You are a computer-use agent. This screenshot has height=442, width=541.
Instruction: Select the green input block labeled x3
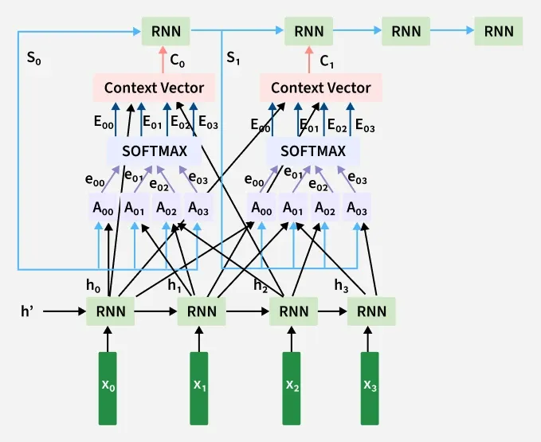click(371, 388)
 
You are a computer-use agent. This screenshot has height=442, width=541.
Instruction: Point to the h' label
click(27, 310)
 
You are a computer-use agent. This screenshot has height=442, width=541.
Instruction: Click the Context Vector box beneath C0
click(154, 88)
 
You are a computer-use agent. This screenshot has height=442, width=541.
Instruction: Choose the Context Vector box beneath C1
click(321, 88)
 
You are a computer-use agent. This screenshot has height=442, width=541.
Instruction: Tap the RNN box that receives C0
click(166, 32)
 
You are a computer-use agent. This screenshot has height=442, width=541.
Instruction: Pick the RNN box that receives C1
click(310, 32)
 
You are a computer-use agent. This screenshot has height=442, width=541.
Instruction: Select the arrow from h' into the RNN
click(64, 311)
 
